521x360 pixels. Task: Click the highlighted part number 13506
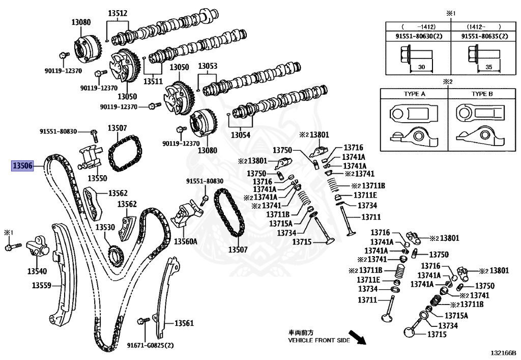(x=23, y=165)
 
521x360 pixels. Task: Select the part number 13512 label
(x=118, y=13)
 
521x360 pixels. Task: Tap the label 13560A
(x=186, y=241)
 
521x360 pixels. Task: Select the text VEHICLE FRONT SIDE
(x=319, y=340)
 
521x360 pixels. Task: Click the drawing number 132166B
(x=503, y=352)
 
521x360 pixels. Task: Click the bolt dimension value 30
(x=421, y=67)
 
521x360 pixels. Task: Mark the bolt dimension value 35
(x=489, y=67)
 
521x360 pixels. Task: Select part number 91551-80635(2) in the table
(x=484, y=36)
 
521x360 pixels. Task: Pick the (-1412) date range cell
(x=416, y=26)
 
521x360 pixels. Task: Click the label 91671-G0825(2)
(x=151, y=345)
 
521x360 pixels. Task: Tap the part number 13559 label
(x=39, y=285)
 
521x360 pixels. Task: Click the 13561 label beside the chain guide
(x=184, y=323)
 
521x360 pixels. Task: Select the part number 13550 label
(x=97, y=178)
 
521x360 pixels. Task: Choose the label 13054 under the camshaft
(x=241, y=135)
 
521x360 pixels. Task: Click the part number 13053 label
(x=208, y=66)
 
